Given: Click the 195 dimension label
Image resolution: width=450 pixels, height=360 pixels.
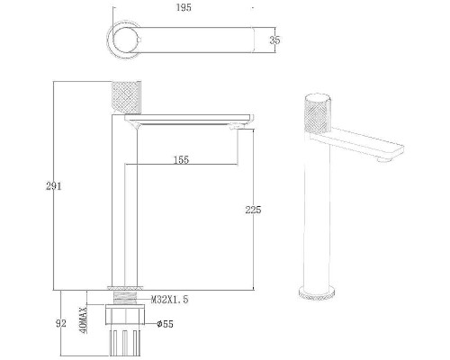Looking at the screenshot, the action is (184, 7).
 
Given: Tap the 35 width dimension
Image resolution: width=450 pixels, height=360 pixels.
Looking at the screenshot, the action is (274, 40).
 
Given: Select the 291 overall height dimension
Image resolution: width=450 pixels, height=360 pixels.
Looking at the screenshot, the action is (54, 186).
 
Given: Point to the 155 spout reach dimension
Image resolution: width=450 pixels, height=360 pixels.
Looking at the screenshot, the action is (182, 160).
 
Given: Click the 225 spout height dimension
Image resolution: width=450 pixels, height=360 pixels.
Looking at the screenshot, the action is (253, 210).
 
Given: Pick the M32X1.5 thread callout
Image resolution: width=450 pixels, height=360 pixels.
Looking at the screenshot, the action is (169, 300).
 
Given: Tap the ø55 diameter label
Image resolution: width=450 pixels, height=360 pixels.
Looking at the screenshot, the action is (166, 324).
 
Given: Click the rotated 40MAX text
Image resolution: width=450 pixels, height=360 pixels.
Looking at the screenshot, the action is (84, 320).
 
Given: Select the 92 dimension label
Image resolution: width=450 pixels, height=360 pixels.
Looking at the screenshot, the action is (61, 324).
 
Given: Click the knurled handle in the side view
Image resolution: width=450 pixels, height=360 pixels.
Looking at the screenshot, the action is (125, 97).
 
